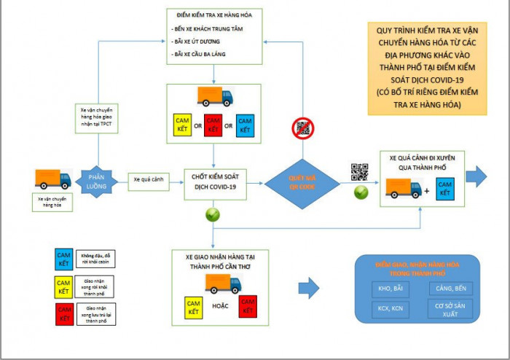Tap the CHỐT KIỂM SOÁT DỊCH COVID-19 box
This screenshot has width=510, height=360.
click(213, 181)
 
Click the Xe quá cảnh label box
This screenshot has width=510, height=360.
click(146, 179)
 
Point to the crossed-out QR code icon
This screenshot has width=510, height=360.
click(302, 129)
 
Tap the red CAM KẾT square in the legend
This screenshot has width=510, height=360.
click(64, 315)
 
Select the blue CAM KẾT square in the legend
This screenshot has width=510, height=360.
click(64, 259)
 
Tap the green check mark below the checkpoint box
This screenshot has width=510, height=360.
click(213, 216)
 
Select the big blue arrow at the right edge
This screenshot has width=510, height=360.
click(478, 175)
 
